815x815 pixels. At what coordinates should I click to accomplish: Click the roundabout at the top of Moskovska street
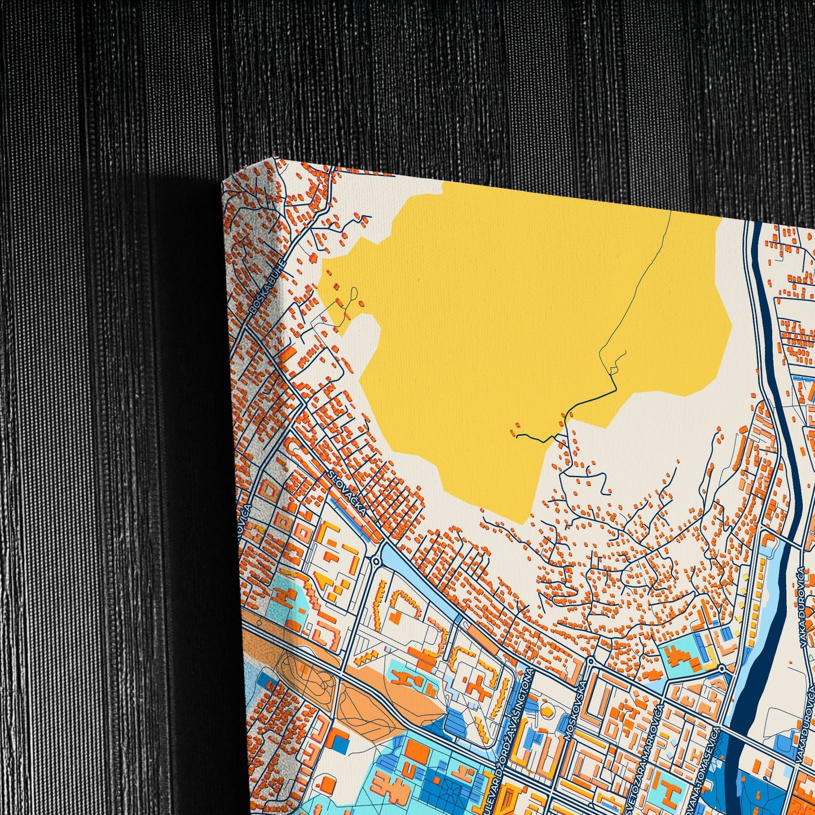pyautogui.click(x=590, y=660)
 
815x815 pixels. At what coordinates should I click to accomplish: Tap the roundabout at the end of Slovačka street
pyautogui.click(x=375, y=561)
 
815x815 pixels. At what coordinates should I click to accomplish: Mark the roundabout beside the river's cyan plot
pyautogui.click(x=721, y=668)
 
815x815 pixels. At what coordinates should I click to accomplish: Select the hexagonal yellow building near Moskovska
pyautogui.click(x=546, y=711)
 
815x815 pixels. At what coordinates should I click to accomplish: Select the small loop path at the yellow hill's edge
pyautogui.click(x=353, y=296)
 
